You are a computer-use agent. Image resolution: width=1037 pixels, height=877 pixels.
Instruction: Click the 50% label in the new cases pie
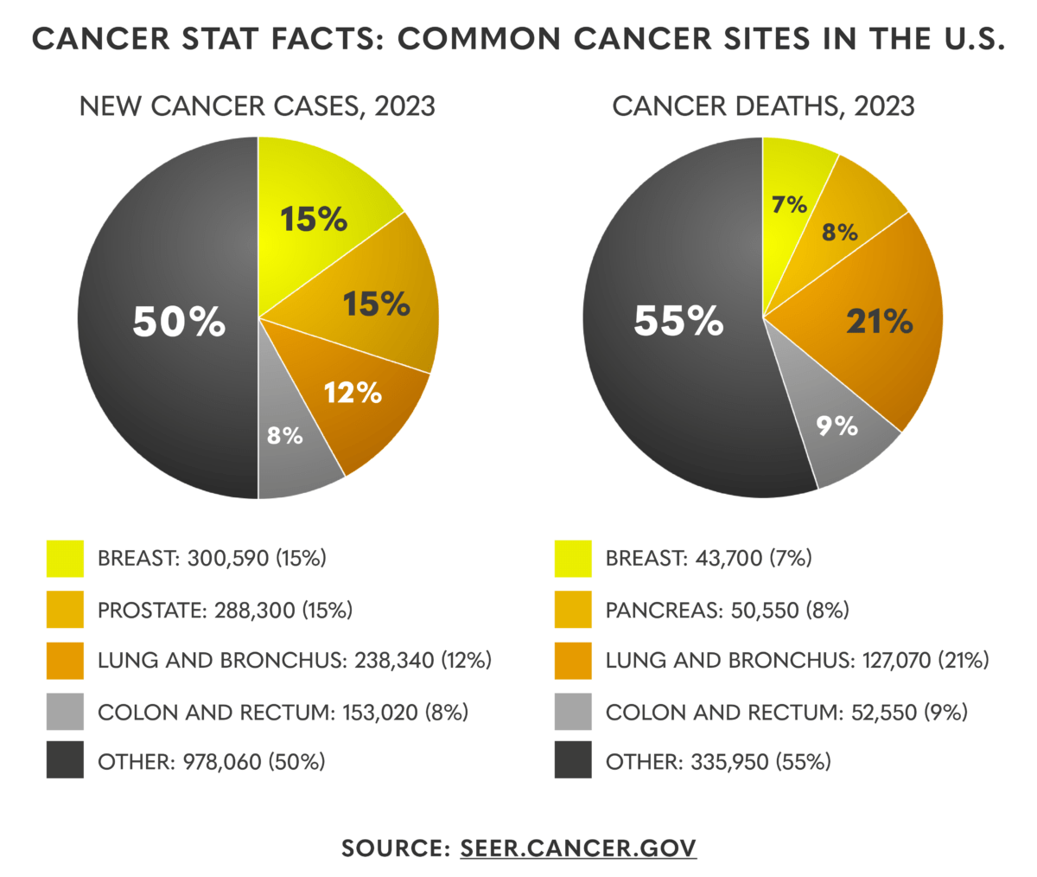pos(179,323)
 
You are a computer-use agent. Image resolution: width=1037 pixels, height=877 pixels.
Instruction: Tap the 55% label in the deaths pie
pos(678,321)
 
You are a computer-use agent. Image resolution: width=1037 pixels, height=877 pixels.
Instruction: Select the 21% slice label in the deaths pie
pos(879,322)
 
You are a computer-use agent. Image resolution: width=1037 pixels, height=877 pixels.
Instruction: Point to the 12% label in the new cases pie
pos(353,393)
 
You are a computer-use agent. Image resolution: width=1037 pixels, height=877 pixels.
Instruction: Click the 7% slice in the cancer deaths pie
pos(789,205)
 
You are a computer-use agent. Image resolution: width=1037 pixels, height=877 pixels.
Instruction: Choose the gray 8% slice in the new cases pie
pos(285,435)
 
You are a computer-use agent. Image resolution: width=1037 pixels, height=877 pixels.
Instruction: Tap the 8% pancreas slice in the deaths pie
pos(840,232)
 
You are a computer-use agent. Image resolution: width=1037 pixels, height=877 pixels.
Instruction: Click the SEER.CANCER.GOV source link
pos(578,847)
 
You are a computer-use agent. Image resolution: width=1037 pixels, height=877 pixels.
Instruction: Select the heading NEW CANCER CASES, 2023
pos(258,106)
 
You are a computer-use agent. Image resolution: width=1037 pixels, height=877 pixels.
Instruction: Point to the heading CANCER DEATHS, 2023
pos(763,106)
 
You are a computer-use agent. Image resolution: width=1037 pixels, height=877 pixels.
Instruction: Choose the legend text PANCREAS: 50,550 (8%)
pos(727,610)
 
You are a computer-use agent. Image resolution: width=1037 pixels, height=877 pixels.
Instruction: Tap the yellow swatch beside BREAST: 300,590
pos(65,559)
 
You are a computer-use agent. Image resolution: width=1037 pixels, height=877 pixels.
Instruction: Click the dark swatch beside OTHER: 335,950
pos(573,761)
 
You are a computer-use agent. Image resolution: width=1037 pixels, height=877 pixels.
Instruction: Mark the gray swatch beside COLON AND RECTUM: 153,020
pos(65,712)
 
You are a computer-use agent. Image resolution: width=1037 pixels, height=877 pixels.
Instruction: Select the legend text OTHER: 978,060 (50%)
pos(212,761)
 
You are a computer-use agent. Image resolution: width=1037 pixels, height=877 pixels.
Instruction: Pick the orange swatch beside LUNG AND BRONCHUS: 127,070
pos(573,661)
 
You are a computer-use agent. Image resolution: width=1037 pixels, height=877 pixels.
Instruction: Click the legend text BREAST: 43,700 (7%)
pos(709,559)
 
